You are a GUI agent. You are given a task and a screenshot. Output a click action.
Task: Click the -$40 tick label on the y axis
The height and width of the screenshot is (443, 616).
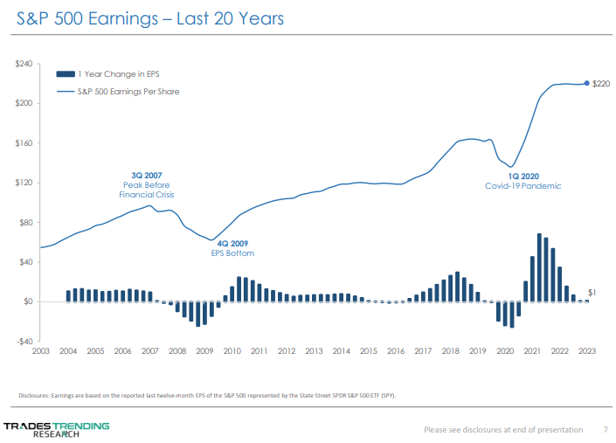[24, 341]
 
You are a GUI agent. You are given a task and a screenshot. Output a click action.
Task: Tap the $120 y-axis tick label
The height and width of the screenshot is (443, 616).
[24, 183]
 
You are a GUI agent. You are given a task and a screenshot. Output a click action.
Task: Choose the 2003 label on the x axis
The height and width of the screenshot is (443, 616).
[41, 351]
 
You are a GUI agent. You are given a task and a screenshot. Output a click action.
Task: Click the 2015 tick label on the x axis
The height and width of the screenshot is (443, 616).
[369, 351]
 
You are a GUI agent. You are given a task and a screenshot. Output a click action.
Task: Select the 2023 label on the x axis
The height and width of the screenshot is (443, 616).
[587, 351]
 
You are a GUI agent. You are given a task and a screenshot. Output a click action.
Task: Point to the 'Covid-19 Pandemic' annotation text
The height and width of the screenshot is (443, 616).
[523, 186]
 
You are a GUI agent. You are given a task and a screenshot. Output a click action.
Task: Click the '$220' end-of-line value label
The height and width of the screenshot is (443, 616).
[601, 84]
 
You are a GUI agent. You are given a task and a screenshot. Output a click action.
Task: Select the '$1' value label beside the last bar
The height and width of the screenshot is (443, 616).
[592, 292]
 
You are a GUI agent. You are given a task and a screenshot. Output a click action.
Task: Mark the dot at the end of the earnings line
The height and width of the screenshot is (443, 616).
[586, 83]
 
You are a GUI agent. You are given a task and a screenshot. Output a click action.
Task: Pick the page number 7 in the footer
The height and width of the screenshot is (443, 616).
[606, 429]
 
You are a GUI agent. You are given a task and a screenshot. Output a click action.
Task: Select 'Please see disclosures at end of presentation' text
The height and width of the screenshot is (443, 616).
[502, 429]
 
